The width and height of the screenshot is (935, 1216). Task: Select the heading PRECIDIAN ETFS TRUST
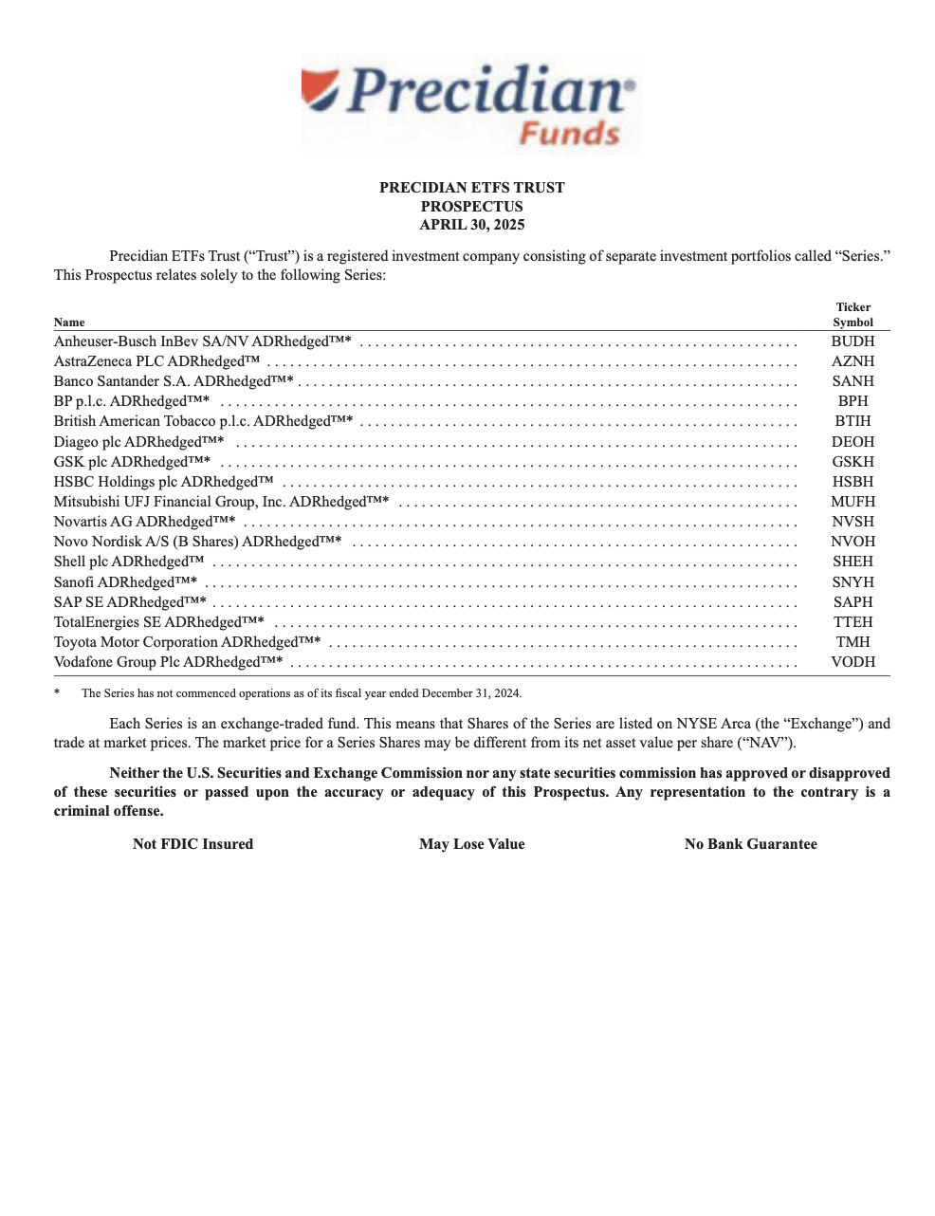471,188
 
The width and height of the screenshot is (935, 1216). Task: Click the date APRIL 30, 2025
471,225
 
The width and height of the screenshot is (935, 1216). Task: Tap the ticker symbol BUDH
852,341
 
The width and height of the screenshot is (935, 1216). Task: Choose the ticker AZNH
852,361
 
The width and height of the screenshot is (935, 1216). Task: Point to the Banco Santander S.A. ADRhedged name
174,381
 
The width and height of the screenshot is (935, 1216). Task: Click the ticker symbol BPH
852,401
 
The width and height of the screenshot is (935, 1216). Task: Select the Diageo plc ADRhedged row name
138,442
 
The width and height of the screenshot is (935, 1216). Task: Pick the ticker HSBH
852,482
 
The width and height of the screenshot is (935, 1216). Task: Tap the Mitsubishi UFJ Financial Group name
221,502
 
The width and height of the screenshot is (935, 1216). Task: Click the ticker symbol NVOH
852,542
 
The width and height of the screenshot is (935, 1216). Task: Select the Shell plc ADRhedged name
129,562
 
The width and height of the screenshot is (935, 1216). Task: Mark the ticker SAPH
852,602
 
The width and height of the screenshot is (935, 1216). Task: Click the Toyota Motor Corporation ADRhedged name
187,642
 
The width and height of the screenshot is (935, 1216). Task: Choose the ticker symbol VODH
852,662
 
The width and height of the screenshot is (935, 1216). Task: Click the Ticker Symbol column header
852,315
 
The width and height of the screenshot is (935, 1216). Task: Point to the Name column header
69,322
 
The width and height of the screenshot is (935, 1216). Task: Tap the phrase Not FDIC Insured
193,844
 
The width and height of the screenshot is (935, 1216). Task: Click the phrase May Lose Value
471,844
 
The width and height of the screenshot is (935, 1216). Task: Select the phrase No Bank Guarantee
750,844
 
